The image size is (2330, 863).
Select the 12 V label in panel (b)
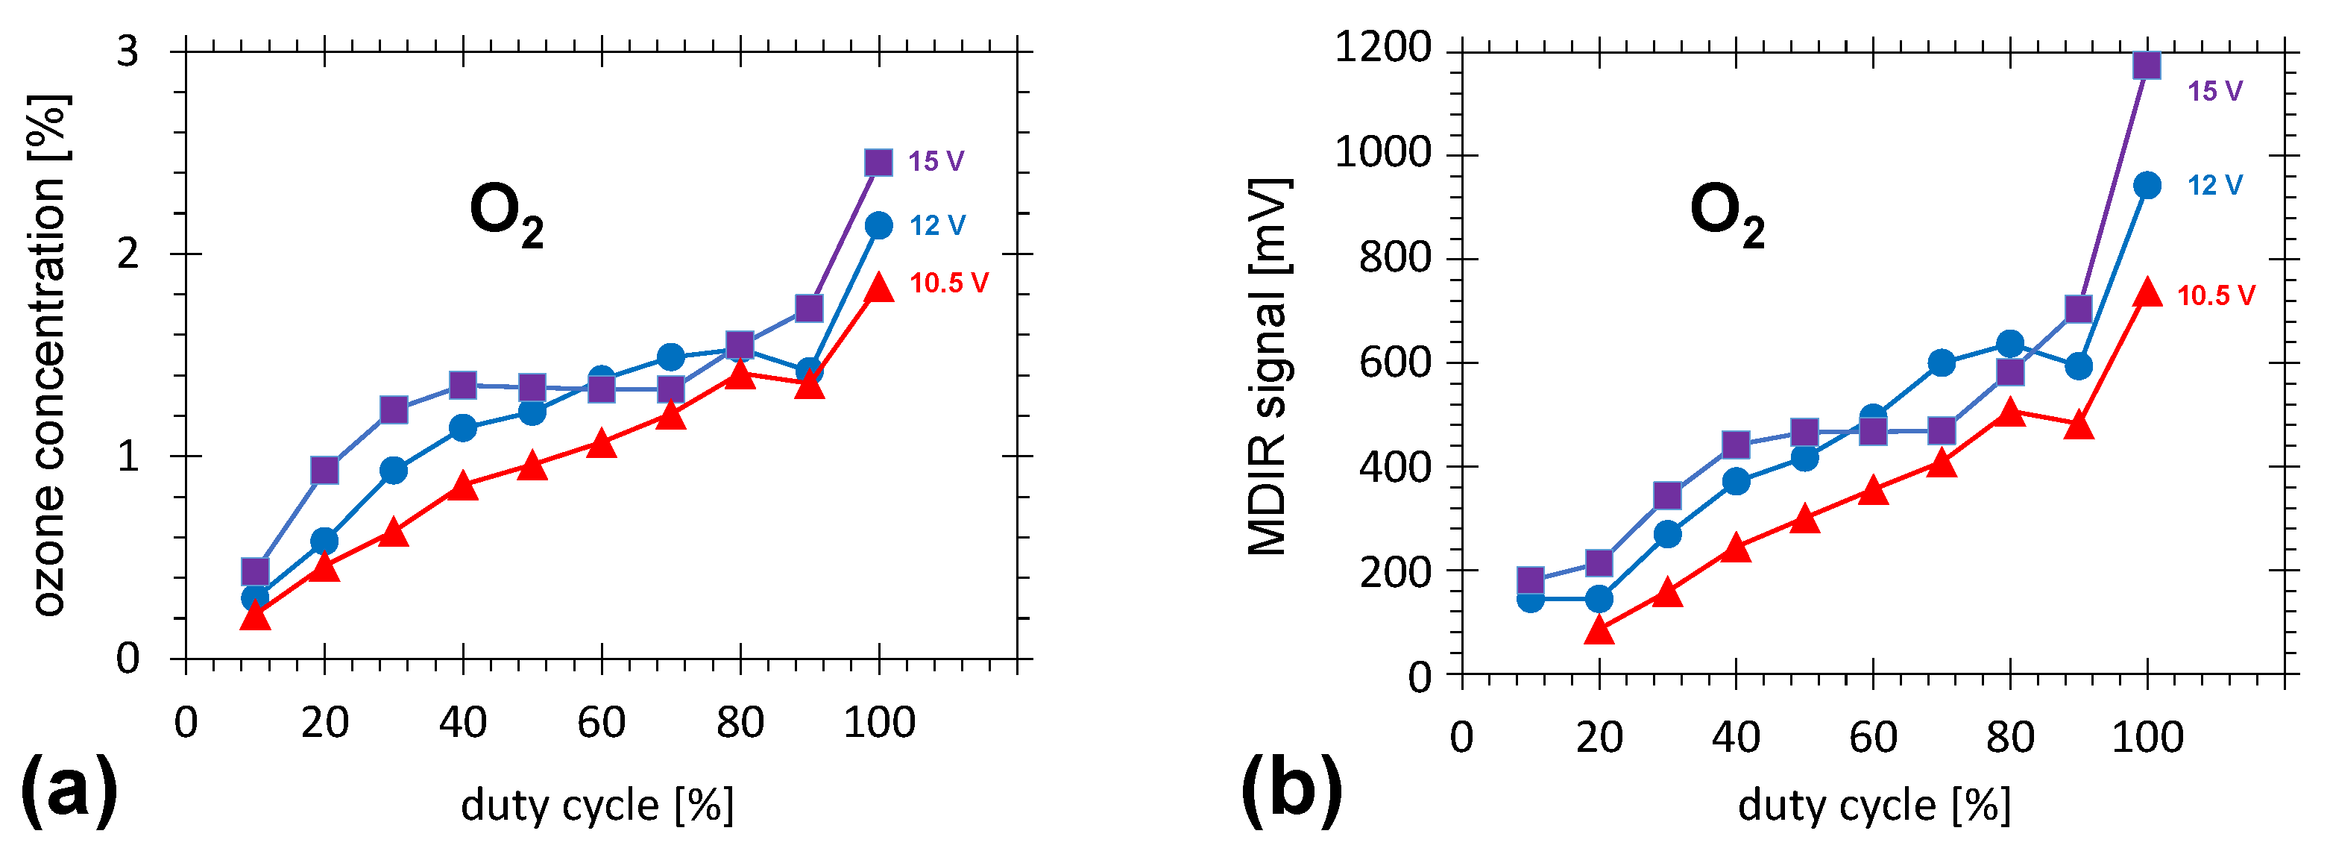click(2214, 186)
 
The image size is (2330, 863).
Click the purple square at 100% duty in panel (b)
click(2147, 65)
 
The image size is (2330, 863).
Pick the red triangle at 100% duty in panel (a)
click(878, 288)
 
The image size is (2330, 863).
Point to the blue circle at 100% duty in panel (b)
click(2147, 186)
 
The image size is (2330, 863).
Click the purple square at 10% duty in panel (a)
click(255, 571)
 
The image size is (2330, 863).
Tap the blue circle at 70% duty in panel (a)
click(670, 357)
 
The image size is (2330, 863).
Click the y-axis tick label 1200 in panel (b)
click(1383, 47)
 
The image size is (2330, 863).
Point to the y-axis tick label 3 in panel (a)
click(127, 51)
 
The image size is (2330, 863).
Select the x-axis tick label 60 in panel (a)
click(602, 723)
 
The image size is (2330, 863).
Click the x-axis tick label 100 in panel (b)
click(2147, 737)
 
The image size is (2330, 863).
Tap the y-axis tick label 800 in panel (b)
click(1395, 258)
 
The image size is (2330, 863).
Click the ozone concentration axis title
click(50, 356)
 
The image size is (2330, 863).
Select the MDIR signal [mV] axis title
click(1269, 366)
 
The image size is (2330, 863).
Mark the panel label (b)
click(1291, 788)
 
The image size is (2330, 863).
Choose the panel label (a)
click(69, 788)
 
